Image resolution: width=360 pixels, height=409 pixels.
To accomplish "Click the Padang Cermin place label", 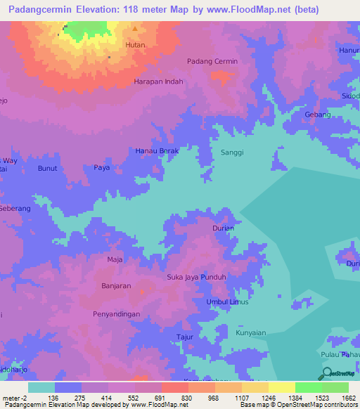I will (212, 61).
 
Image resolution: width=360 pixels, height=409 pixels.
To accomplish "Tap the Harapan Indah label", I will (158, 82).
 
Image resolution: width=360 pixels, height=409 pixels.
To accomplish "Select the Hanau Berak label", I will (157, 151).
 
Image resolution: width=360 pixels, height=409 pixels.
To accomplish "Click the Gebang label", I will (316, 114).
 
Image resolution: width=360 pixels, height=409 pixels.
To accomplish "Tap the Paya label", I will (102, 168).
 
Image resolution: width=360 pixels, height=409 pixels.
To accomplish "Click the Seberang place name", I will (15, 209).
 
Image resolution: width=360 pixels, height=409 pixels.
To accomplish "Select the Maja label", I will (115, 259).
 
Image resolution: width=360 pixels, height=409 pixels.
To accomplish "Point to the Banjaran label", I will (117, 286).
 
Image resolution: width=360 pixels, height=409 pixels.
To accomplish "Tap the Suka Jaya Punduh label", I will (195, 277).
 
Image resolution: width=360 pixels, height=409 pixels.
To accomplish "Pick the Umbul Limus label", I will (226, 301).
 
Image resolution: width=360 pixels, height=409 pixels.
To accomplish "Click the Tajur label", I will (185, 337).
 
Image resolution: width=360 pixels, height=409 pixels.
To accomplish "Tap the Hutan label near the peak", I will (134, 45).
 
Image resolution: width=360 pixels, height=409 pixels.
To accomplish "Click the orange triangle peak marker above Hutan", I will (135, 29).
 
